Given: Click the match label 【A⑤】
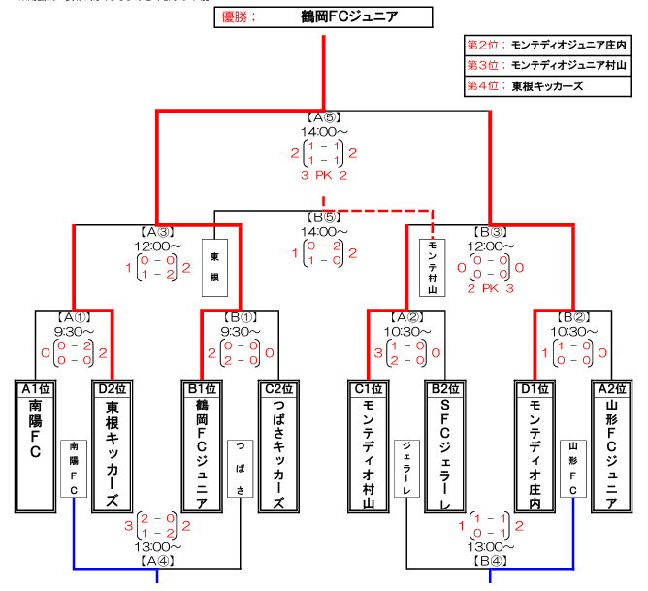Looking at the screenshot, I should (323, 116).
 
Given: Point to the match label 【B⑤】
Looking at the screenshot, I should (323, 217).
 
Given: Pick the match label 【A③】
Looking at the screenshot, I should (156, 232).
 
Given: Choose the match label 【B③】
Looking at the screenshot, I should (489, 232).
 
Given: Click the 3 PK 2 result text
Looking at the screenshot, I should (324, 175).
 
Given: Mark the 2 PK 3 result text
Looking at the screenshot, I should (490, 289).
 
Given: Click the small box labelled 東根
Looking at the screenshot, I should (214, 267).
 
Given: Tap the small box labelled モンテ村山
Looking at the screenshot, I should (433, 267).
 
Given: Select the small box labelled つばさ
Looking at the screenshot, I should (241, 469).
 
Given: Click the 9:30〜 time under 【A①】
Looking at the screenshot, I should (74, 331).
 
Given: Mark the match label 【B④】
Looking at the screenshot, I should (489, 560).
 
